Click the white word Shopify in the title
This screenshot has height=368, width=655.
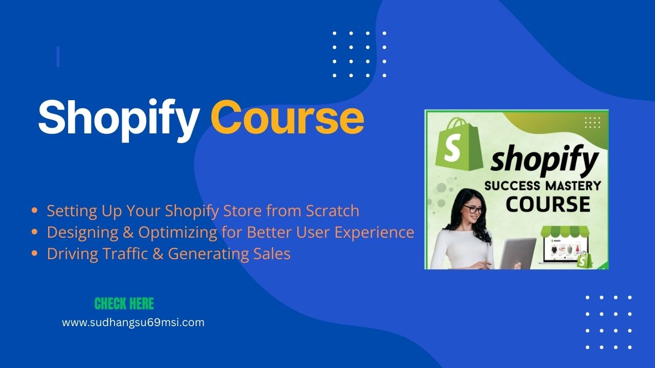(119, 120)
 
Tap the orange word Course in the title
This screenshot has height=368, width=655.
(288, 117)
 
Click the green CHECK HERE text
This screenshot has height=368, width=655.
(124, 304)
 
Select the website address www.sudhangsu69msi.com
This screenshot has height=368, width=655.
(133, 323)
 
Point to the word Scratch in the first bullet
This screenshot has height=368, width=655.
(333, 211)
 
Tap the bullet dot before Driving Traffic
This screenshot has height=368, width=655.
(34, 254)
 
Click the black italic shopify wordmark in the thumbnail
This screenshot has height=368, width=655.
(544, 160)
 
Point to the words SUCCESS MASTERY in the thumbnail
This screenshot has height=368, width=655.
(543, 186)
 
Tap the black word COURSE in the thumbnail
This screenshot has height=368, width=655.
(548, 204)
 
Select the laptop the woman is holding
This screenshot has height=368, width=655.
(517, 253)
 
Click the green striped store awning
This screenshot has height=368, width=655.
(564, 232)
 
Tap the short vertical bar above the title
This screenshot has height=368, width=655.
(58, 56)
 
